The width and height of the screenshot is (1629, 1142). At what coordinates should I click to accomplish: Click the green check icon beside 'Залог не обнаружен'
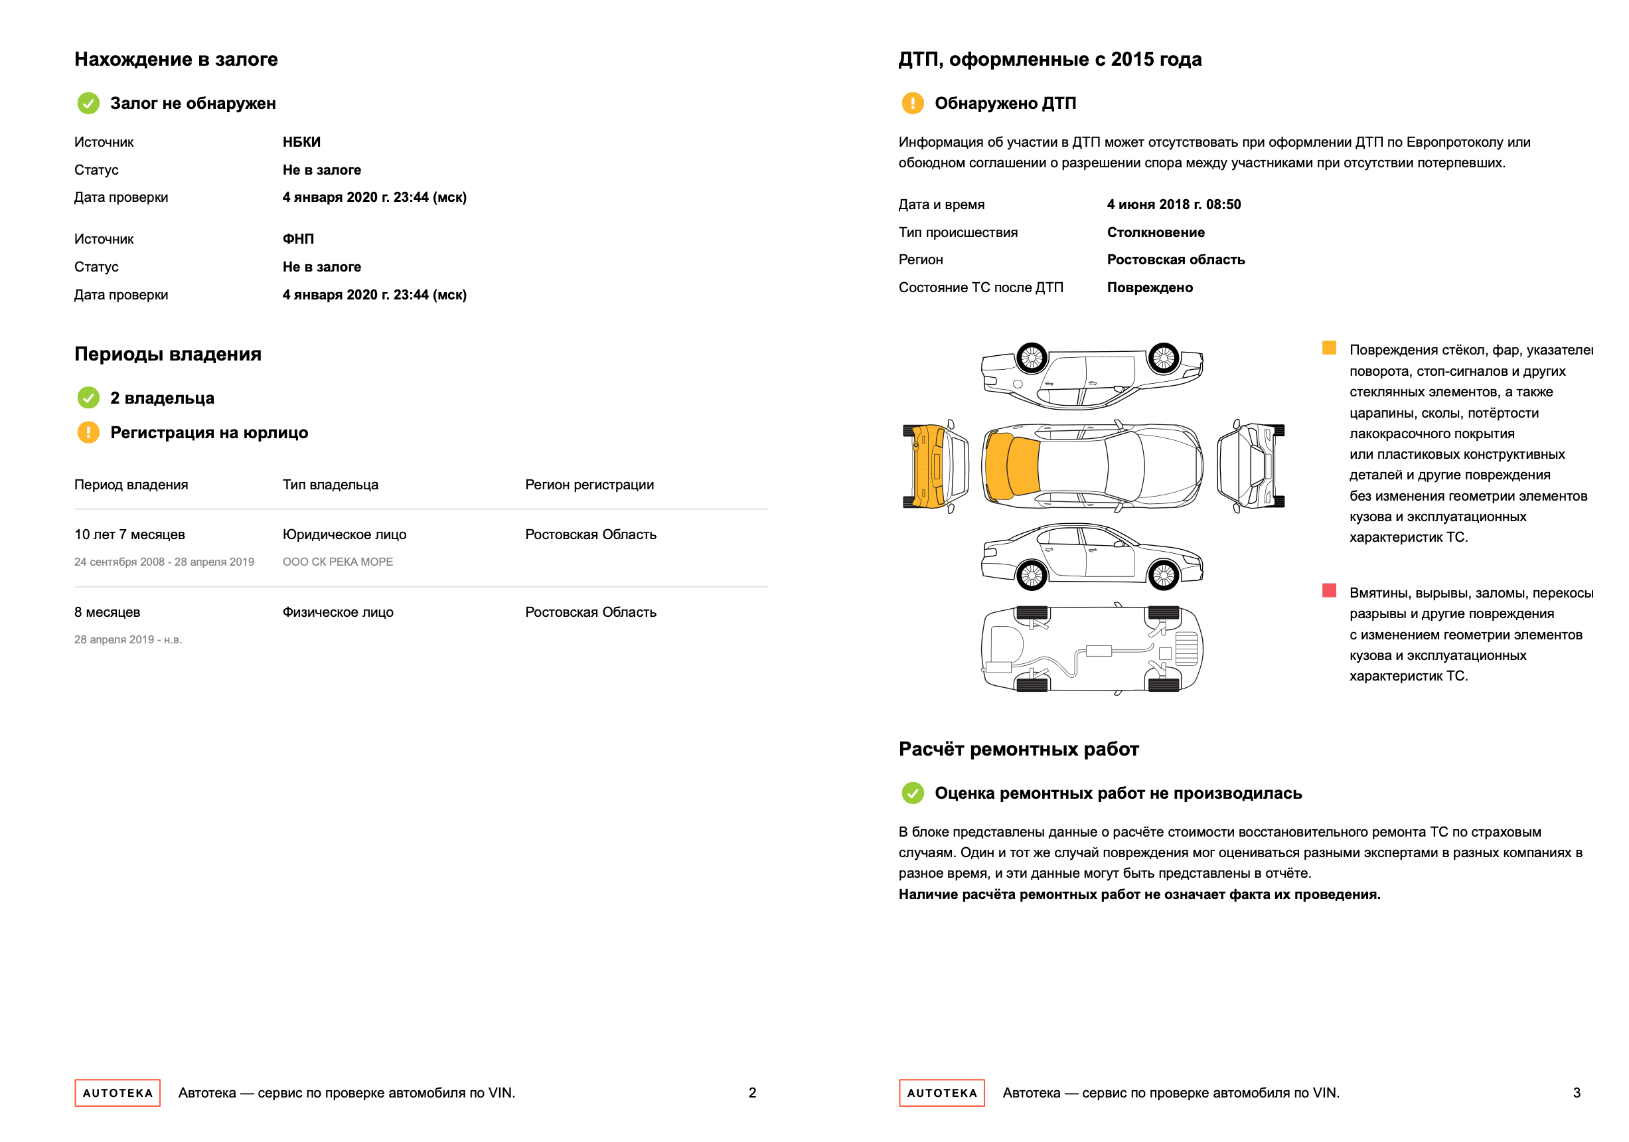click(x=88, y=104)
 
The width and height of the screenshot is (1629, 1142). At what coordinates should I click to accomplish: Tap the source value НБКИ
click(x=301, y=142)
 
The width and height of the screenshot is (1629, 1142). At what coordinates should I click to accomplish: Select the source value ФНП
click(x=298, y=239)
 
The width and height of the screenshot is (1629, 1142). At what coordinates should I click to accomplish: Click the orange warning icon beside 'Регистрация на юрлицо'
click(x=88, y=432)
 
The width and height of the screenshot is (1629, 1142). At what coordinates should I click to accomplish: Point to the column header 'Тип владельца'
click(x=330, y=485)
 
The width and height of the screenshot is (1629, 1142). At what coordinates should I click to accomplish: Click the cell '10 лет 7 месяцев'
click(x=129, y=534)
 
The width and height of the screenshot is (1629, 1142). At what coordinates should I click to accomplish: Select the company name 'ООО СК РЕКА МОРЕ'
click(x=338, y=562)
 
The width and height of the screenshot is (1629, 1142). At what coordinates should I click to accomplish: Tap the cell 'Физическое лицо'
click(x=338, y=612)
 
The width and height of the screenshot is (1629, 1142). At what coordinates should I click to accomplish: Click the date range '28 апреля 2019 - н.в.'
click(x=127, y=639)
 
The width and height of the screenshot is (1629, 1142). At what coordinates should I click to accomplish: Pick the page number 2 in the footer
click(x=752, y=1093)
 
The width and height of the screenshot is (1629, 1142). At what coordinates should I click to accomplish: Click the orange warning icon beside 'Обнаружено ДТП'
click(x=912, y=104)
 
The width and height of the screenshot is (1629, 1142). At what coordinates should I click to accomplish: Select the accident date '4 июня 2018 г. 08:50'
click(x=1174, y=204)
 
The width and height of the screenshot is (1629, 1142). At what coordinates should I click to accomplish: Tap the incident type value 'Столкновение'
click(x=1156, y=232)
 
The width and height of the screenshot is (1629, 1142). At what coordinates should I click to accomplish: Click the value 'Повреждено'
click(x=1149, y=287)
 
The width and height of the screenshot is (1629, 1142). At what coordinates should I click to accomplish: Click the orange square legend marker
click(x=1329, y=348)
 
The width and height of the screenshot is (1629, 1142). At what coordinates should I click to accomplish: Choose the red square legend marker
click(x=1329, y=590)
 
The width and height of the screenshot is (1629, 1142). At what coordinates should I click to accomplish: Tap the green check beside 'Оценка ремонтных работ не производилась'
click(x=912, y=793)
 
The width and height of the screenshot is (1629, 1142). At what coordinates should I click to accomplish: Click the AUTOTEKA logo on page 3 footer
click(x=941, y=1093)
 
